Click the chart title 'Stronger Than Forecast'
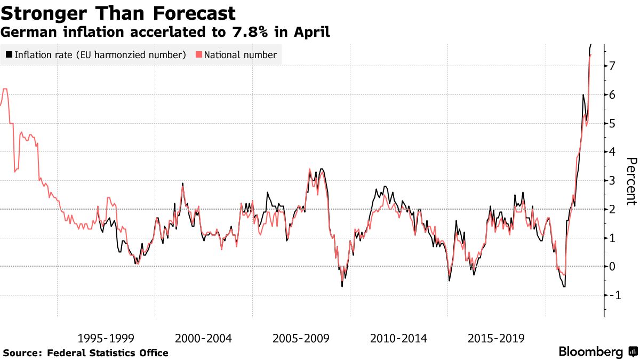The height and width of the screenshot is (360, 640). (118, 12)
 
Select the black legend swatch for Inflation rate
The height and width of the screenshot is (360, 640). (9, 54)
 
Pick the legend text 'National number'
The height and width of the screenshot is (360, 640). (241, 54)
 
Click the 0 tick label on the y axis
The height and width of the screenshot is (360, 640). (612, 267)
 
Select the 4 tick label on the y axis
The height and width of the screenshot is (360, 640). (612, 152)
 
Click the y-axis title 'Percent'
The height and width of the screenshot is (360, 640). (631, 181)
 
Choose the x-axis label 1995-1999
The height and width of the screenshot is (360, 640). (106, 338)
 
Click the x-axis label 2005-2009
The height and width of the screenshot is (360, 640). (301, 338)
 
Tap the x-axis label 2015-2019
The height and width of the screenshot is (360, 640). (497, 338)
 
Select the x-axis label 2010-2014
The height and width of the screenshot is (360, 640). (399, 338)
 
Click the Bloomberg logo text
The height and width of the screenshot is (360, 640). (590, 352)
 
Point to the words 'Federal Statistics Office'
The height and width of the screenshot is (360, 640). (108, 353)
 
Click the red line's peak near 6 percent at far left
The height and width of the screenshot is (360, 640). (5, 89)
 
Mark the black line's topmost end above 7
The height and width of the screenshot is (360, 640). (591, 44)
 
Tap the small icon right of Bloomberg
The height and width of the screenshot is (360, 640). (633, 352)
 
